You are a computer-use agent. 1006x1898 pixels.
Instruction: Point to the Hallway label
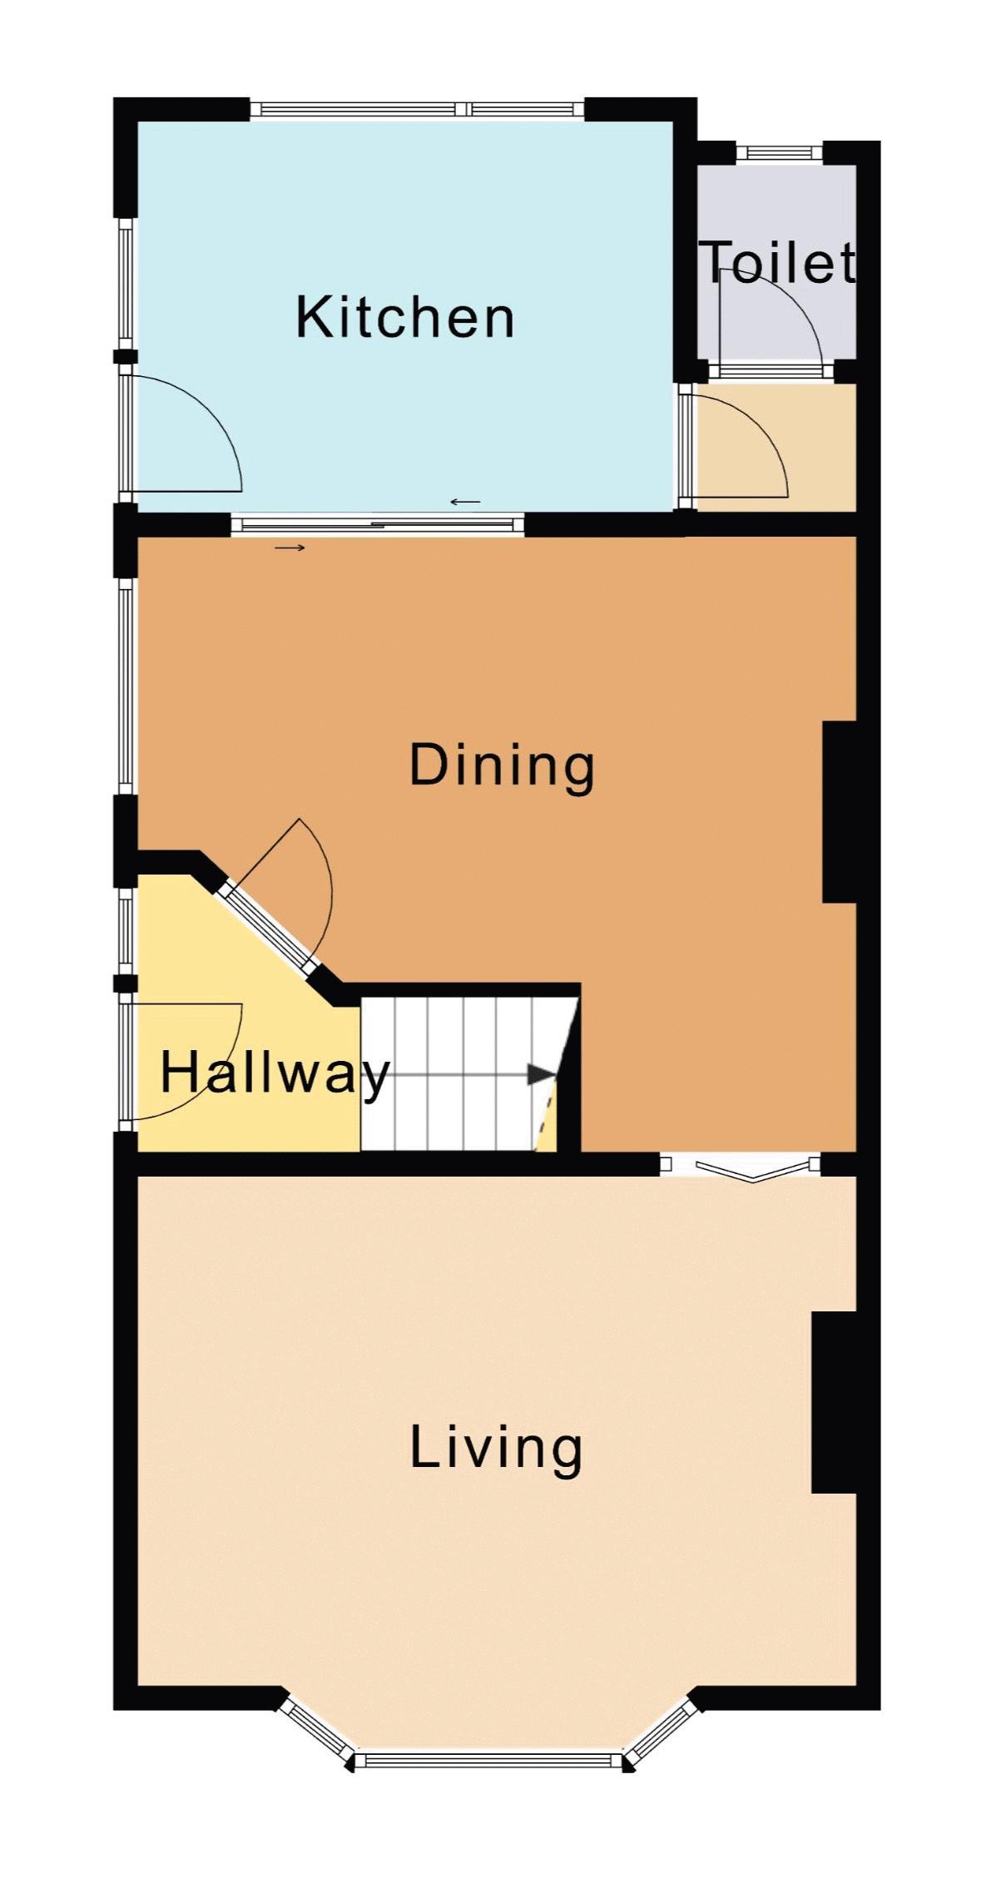tap(275, 1073)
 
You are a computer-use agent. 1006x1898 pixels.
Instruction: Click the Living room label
tap(496, 1448)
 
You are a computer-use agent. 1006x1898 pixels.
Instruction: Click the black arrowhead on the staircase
tap(542, 1074)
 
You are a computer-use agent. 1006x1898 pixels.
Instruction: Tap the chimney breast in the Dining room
tap(840, 812)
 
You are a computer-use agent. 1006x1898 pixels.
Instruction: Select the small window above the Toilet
tap(780, 152)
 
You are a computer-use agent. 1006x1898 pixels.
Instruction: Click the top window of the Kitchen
tap(417, 109)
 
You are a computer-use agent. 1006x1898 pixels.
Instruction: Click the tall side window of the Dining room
tap(126, 686)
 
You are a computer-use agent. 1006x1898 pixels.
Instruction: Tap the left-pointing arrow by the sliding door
tap(465, 502)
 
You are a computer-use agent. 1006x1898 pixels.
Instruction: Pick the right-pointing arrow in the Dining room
tap(290, 548)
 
